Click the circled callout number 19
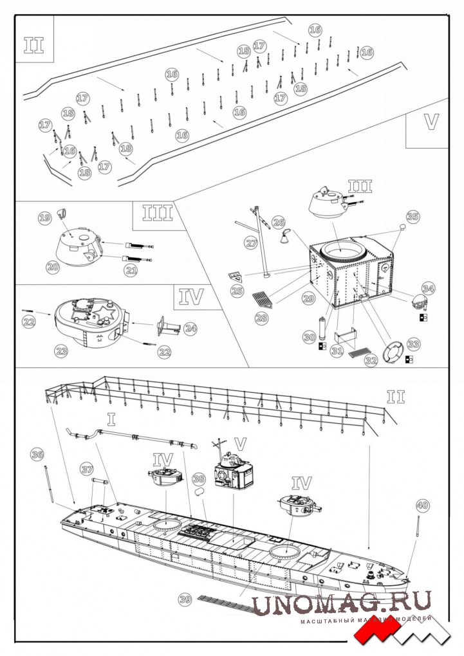pos(44,219)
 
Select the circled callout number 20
pos(53,265)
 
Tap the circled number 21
pos(131,271)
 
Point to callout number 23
pos(62,351)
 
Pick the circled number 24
pos(190,329)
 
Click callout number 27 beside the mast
pos(252,242)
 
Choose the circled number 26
pos(278,223)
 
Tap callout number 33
pos(413,344)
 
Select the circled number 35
pos(413,217)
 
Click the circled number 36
pos(38,455)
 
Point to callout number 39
pos(185,599)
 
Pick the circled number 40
pos(422,505)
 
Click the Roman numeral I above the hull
pos(111,421)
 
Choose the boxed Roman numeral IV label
pos(191,296)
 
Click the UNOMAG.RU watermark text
pos(341,604)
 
